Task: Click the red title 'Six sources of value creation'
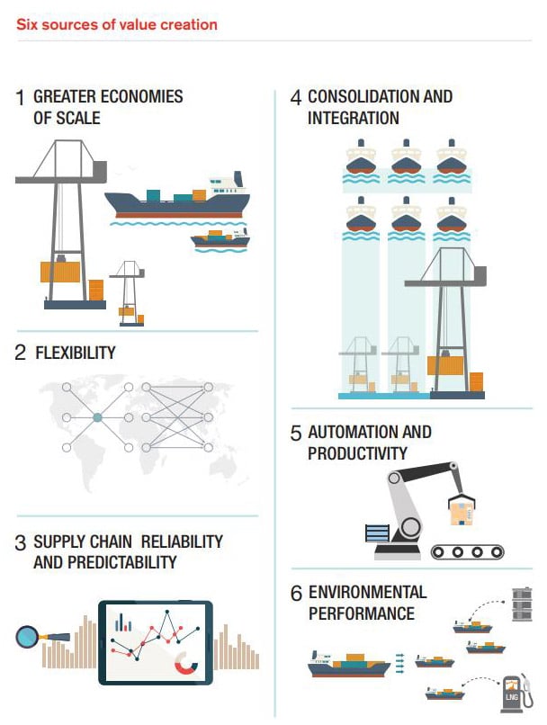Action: tap(117, 24)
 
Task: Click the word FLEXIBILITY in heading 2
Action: tap(76, 353)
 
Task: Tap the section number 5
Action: tap(296, 434)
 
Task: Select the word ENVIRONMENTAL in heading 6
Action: tap(368, 592)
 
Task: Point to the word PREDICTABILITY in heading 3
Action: tap(122, 562)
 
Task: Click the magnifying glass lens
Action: tap(27, 637)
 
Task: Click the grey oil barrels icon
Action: tap(522, 604)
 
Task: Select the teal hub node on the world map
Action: tap(97, 417)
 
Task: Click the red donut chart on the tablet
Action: tap(186, 664)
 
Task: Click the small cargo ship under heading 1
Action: tap(220, 238)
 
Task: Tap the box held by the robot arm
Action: tap(462, 512)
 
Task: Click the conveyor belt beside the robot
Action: tap(467, 551)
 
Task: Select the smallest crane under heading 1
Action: tap(129, 293)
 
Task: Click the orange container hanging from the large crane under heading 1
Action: tap(60, 272)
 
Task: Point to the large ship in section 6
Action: tap(349, 664)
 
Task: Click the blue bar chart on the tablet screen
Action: tap(123, 622)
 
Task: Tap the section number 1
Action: tap(20, 98)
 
